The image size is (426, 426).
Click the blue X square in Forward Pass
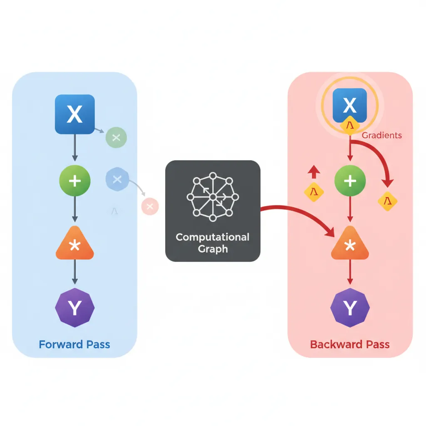coord(75,114)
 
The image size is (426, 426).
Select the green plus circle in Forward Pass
coord(75,181)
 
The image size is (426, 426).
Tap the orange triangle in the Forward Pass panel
coord(75,245)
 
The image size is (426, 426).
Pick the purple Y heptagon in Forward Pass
coord(75,308)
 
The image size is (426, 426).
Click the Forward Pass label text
coord(74,344)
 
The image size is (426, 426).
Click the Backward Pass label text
coord(350,344)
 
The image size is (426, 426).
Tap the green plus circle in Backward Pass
coord(350,181)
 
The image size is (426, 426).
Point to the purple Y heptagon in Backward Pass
coord(350,308)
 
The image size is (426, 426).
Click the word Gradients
coord(382,135)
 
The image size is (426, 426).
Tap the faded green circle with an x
coord(116,138)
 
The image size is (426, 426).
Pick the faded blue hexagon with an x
coord(117,179)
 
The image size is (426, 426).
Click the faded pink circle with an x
coord(150,206)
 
